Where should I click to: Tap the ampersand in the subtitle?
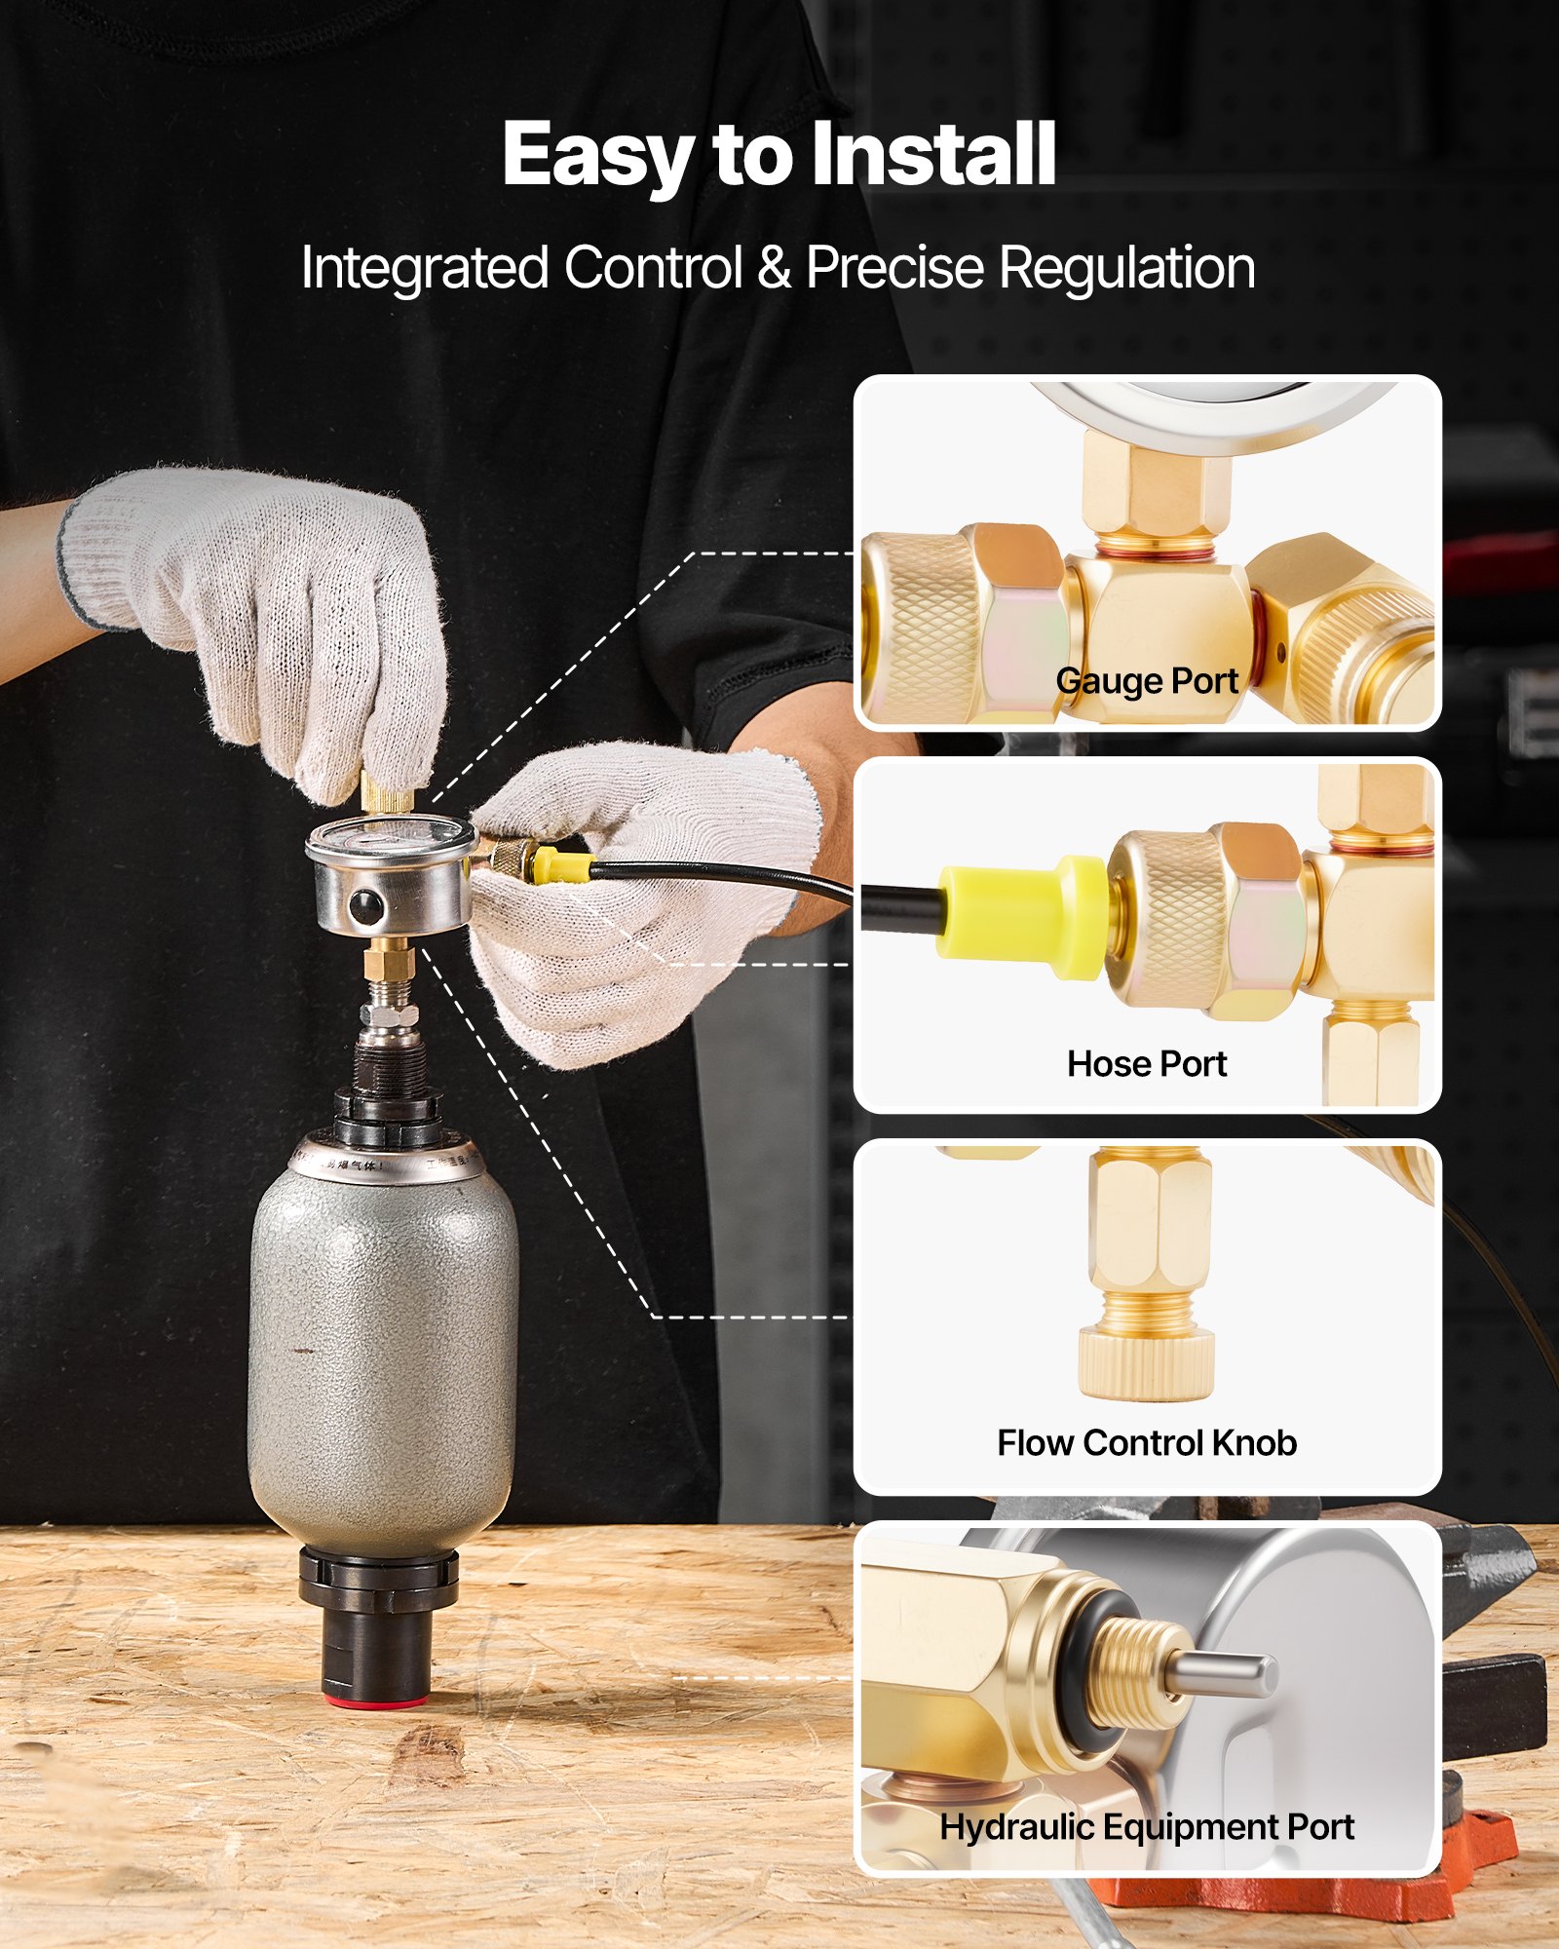pos(774,267)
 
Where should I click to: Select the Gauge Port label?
pos(1146,680)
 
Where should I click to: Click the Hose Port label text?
pos(1146,1063)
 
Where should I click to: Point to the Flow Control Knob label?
pos(1146,1442)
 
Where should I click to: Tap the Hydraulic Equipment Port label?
pos(1146,1826)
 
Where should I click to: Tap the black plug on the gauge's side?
pos(365,906)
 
